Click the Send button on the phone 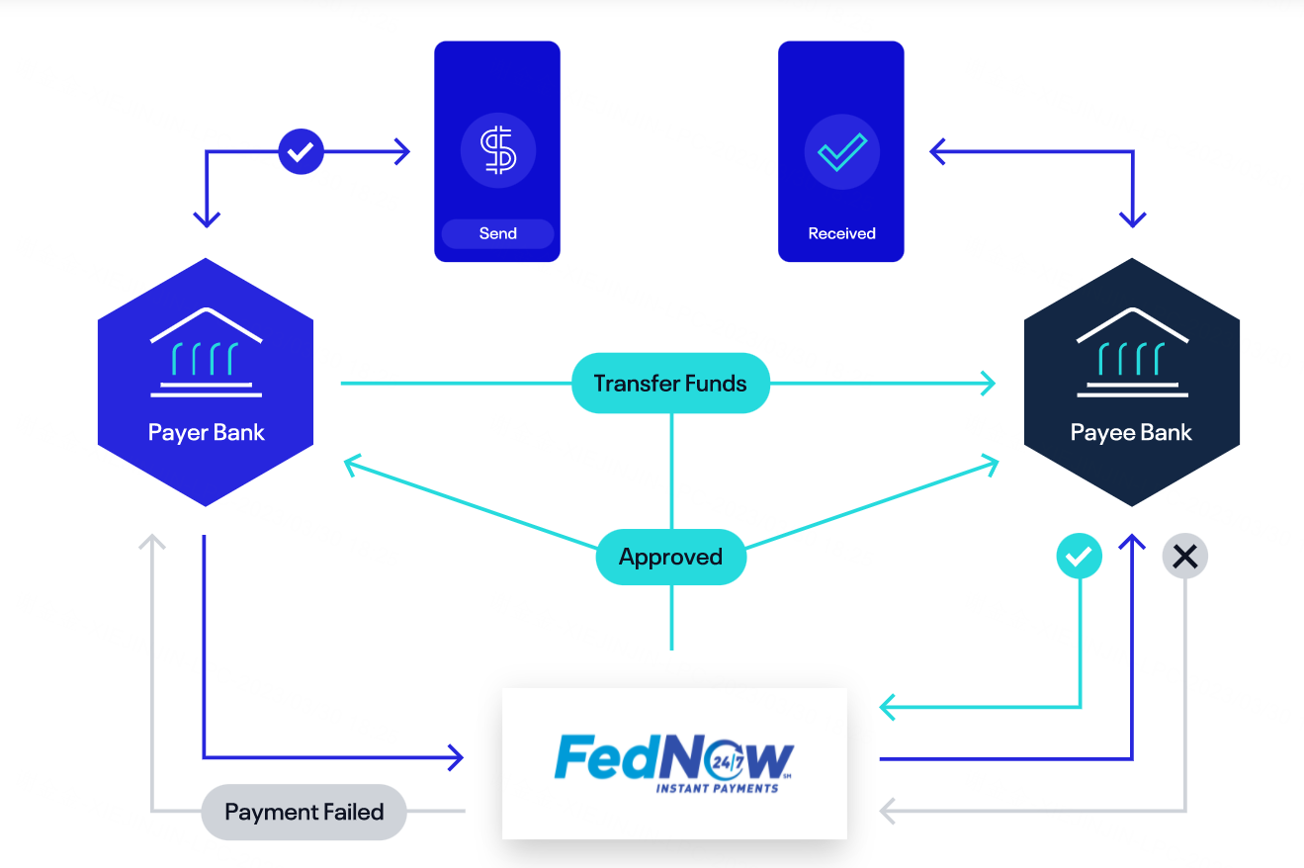(497, 233)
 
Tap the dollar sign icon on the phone (497, 152)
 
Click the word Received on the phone (841, 233)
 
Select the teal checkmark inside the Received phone (841, 152)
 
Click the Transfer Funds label (670, 383)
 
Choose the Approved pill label (670, 557)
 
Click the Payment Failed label (304, 812)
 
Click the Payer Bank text (206, 432)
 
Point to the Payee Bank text (1131, 432)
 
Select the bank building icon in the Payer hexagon (206, 353)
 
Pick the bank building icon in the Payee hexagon (1131, 353)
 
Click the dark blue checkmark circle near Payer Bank (301, 152)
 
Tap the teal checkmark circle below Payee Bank (1080, 557)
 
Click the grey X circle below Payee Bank (1184, 557)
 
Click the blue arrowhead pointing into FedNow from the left (457, 758)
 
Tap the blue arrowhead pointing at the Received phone (936, 152)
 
